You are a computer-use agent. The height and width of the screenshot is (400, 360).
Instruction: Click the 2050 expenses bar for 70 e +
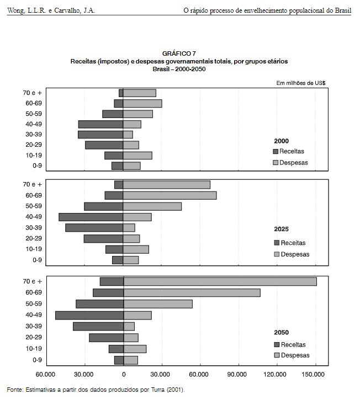click(220, 281)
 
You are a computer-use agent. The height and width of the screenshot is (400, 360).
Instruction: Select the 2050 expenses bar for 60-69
click(192, 292)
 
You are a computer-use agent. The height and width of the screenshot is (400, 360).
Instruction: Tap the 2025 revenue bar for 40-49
click(91, 217)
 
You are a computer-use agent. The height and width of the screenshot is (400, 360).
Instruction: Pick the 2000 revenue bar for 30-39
click(100, 135)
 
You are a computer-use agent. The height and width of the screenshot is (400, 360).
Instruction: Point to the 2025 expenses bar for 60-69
click(170, 195)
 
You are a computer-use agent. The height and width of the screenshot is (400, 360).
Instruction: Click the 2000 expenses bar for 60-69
click(142, 103)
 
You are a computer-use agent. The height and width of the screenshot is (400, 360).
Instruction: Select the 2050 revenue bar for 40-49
click(89, 315)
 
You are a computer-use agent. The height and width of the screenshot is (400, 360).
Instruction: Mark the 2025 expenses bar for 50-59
click(152, 206)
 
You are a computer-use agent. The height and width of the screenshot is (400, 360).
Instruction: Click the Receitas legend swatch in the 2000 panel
click(276, 151)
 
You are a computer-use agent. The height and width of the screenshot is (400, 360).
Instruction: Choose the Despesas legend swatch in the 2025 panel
click(277, 254)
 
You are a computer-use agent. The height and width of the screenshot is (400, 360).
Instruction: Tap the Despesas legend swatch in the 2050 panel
click(277, 355)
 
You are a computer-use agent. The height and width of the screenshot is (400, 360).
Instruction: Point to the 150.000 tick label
click(313, 374)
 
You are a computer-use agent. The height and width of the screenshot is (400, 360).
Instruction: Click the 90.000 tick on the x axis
click(237, 374)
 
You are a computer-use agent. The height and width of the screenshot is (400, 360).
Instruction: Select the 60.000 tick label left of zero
click(45, 374)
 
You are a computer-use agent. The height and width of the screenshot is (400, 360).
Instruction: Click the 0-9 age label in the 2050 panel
click(38, 360)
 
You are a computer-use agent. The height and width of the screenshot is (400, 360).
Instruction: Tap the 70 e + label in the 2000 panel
click(33, 93)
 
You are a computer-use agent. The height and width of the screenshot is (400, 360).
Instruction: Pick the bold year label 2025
click(282, 229)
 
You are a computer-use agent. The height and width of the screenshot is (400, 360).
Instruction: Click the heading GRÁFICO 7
click(179, 54)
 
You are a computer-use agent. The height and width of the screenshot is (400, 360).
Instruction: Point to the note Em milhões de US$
click(301, 83)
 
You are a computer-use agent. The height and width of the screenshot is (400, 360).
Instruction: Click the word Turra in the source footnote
click(158, 390)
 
